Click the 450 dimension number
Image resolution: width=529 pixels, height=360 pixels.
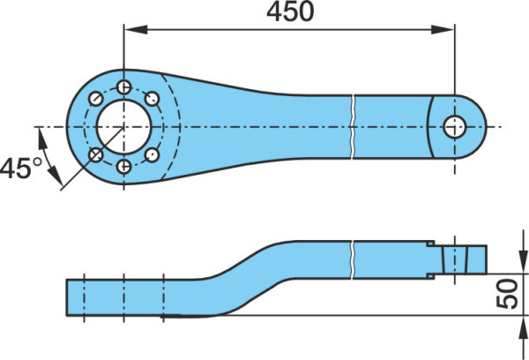290,11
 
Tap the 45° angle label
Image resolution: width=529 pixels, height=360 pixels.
21,169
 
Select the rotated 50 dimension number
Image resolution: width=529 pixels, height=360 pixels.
507,294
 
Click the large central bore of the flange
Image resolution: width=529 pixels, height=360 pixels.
123,127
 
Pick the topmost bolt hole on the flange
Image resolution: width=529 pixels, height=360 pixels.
123,87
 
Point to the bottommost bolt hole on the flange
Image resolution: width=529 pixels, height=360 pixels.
123,167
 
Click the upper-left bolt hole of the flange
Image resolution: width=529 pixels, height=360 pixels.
96,99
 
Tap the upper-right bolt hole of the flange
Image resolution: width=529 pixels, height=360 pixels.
152,99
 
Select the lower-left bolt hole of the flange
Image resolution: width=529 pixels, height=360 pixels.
96,155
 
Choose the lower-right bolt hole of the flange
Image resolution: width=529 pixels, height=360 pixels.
152,155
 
